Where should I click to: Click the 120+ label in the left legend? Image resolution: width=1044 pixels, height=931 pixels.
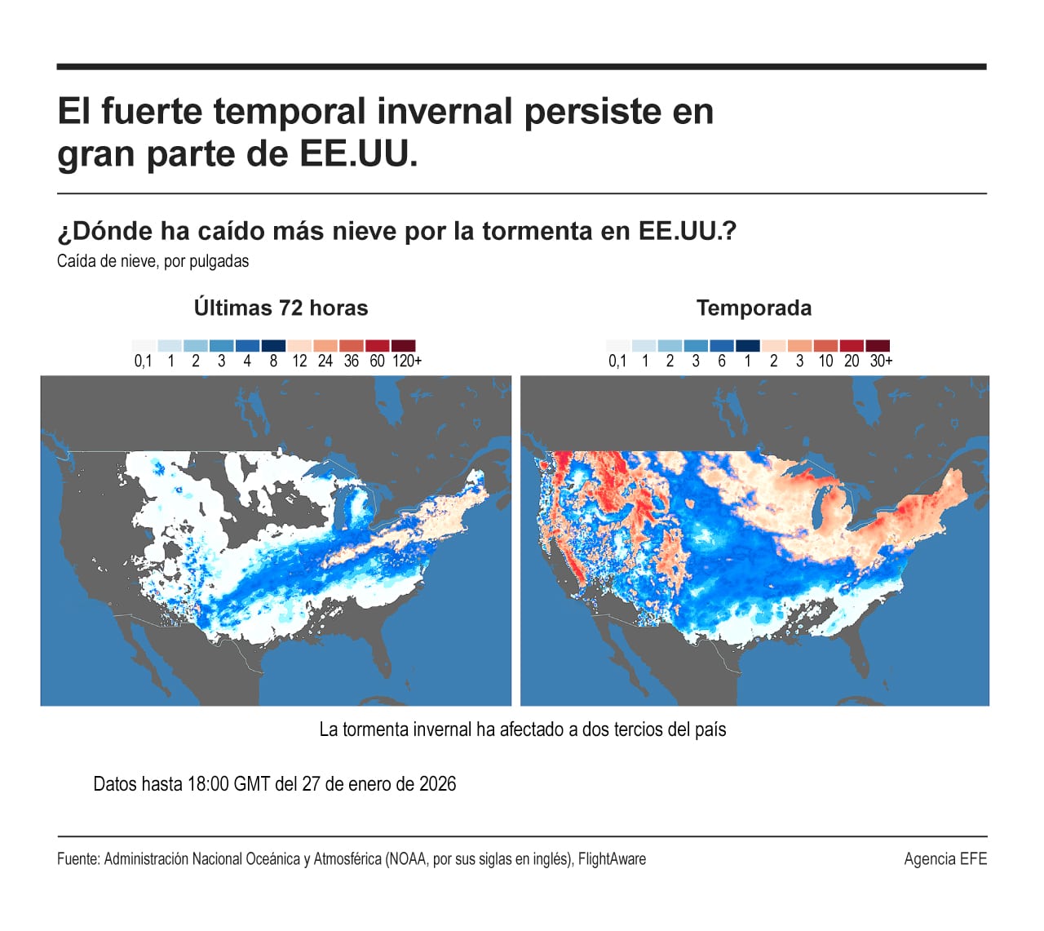point(406,361)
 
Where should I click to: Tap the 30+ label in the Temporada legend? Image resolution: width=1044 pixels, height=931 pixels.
point(881,361)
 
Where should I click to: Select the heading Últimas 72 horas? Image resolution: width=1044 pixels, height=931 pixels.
point(281,308)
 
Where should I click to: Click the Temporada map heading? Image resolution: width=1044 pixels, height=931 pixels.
point(754,308)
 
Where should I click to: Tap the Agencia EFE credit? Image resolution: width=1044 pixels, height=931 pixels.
point(944,858)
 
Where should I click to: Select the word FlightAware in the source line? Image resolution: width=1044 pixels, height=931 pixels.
point(612,858)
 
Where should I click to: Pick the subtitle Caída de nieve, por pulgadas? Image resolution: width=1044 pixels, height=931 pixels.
point(153,261)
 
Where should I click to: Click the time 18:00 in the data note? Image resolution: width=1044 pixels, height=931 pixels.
point(208,784)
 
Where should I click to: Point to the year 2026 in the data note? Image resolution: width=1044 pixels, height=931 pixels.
point(437,784)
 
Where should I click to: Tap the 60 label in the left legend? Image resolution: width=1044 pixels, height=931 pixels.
point(377,361)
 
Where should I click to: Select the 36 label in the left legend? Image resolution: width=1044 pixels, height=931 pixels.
point(351,361)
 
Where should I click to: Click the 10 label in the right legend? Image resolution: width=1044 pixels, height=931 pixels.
point(825,361)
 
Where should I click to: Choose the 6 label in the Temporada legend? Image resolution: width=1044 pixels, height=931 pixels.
point(722,361)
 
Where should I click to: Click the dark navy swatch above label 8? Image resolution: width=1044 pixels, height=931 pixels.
point(273,346)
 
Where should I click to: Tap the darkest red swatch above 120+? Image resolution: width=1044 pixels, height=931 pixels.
point(403,346)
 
